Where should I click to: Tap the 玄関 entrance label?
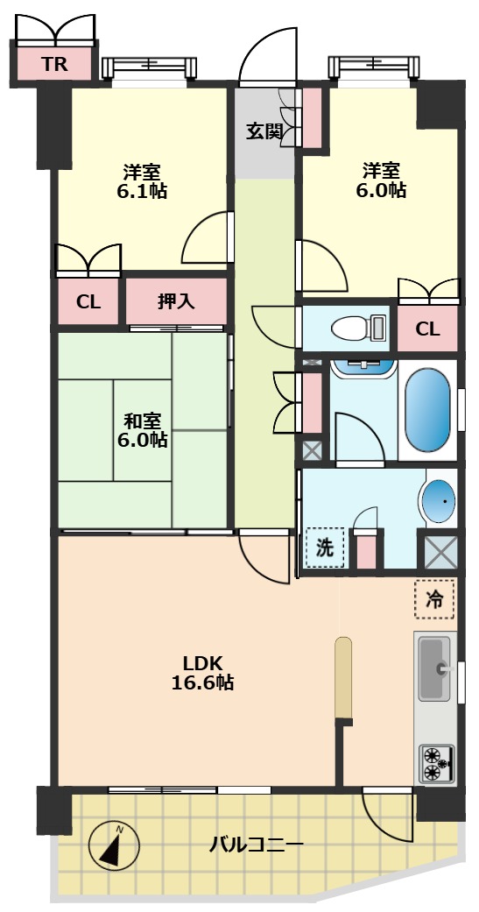264,132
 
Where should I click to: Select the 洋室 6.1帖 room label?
141,180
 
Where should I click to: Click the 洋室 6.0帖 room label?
381,180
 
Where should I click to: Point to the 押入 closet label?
176,301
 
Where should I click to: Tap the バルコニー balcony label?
256,845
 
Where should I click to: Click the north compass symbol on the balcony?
115,845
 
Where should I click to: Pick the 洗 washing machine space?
325,548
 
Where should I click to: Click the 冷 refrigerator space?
434,600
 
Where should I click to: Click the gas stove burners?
434,762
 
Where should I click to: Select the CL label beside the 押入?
88,302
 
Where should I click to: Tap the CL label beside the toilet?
427,329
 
